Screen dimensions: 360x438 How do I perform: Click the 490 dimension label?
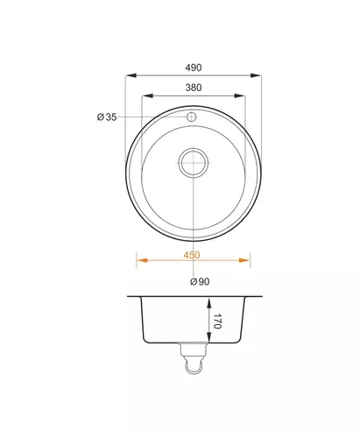pos(194,67)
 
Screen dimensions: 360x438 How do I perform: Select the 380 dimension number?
pos(194,88)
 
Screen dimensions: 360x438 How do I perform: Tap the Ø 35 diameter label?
pos(107,117)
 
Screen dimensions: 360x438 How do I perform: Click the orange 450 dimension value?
pos(192,255)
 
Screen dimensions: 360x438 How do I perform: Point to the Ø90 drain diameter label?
pos(200,281)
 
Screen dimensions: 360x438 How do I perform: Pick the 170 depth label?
pos(217,321)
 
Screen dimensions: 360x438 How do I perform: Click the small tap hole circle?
pos(192,117)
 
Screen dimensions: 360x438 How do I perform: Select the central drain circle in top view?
pos(194,163)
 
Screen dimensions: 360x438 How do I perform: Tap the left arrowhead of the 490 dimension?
pos(131,75)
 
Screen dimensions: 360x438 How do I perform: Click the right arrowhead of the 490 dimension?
pos(256,75)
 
